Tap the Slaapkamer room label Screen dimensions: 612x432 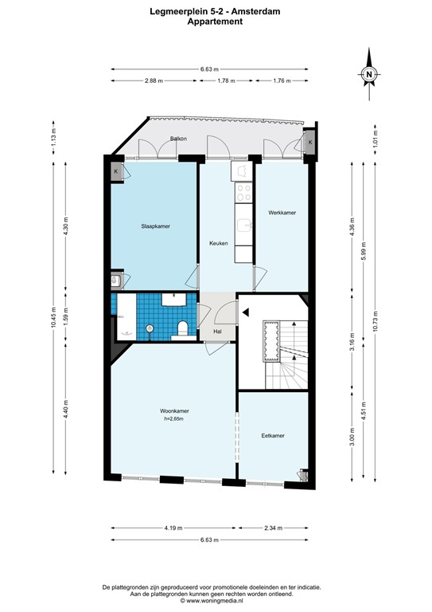coord(154,226)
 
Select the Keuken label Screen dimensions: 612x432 coord(219,243)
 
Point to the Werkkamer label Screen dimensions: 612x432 coord(282,213)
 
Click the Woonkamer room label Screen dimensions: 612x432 coord(174,411)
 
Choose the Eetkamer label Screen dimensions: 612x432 coord(273,436)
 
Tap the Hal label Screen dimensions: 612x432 coord(216,331)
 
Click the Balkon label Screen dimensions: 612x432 coord(178,139)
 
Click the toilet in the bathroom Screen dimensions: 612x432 coord(183,327)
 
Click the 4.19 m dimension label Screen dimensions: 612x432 coord(173,528)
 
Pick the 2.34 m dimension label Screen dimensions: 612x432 coord(273,528)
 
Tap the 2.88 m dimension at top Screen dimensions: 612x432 coord(154,80)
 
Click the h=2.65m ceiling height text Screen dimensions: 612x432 coord(174,419)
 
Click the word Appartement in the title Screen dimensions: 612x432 coord(215,22)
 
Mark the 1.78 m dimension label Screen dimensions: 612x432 coord(227,80)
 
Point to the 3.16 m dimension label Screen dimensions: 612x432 coord(352,341)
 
